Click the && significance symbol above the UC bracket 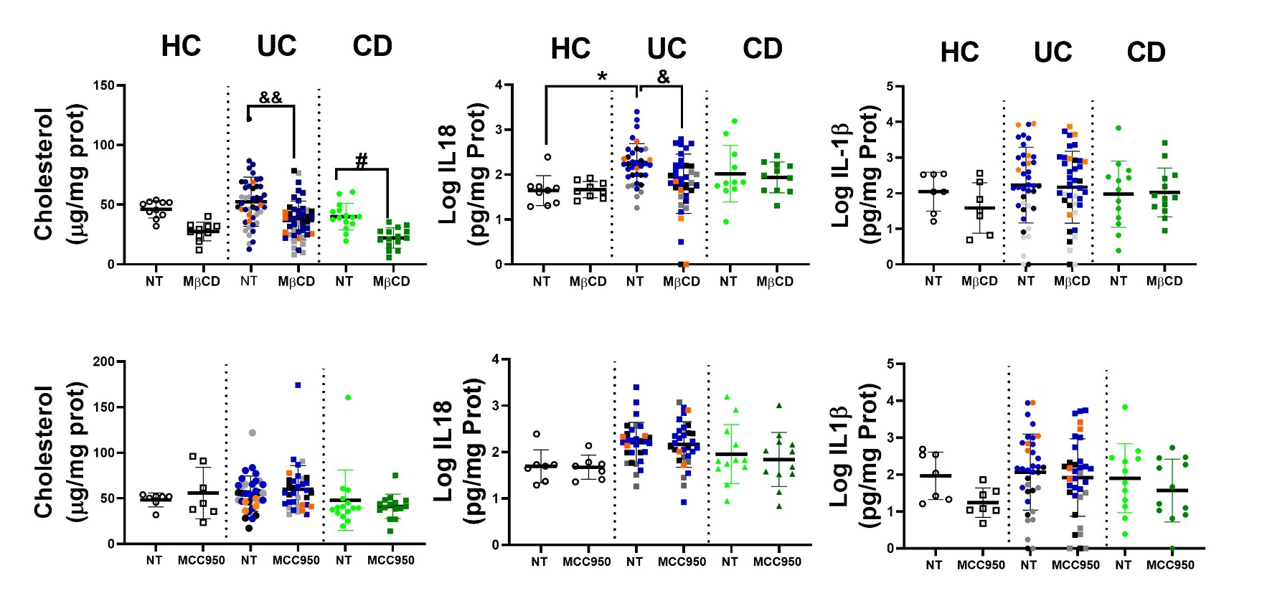pos(270,98)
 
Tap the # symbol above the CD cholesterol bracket pos(362,161)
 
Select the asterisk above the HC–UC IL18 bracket pos(602,77)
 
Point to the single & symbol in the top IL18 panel pos(664,77)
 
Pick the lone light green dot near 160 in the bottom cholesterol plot pos(348,397)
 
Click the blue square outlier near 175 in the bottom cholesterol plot pos(298,385)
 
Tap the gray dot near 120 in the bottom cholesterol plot pos(252,432)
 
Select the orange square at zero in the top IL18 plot pos(684,265)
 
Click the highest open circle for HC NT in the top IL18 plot pos(547,157)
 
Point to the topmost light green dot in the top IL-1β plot pos(1119,128)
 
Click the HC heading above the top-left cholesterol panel pos(181,47)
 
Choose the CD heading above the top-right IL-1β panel pos(1146,52)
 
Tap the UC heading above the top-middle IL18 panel pos(667,49)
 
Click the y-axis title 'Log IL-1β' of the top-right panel pos(840,176)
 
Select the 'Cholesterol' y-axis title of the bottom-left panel pos(44,452)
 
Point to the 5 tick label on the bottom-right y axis pos(890,364)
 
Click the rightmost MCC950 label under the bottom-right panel pos(1170,565)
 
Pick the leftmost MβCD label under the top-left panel pos(202,282)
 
